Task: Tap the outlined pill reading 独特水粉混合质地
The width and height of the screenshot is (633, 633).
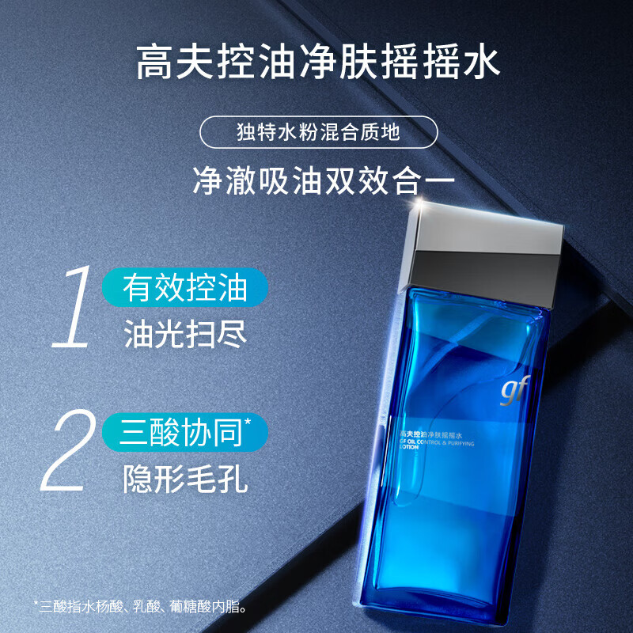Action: tap(318, 132)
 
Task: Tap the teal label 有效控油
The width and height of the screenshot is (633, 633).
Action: tap(186, 288)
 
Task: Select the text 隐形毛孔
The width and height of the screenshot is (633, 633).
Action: tap(186, 479)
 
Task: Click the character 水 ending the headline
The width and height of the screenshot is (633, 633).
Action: tap(481, 62)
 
